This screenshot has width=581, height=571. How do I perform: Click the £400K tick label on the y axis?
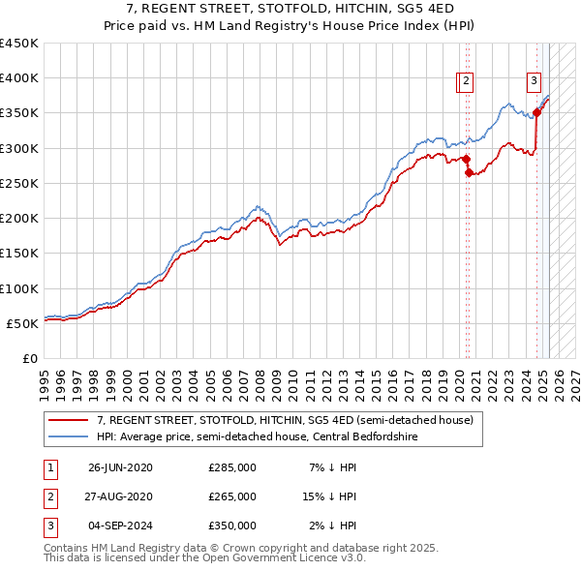click(18, 78)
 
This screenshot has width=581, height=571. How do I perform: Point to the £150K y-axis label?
click(18, 254)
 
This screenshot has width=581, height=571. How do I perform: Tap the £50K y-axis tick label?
click(22, 323)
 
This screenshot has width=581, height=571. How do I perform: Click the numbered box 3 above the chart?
click(534, 81)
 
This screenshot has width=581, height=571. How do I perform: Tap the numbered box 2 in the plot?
click(466, 82)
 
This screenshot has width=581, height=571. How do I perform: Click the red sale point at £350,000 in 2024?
click(536, 113)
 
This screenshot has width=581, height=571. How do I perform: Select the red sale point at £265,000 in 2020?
click(469, 173)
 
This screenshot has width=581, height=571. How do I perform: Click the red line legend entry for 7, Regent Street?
click(285, 420)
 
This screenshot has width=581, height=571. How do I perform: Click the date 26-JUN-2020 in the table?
click(120, 467)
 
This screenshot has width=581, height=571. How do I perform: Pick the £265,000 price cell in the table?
click(232, 496)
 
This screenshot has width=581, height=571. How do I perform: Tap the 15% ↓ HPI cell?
click(329, 496)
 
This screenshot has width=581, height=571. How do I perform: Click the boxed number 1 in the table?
click(49, 467)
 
